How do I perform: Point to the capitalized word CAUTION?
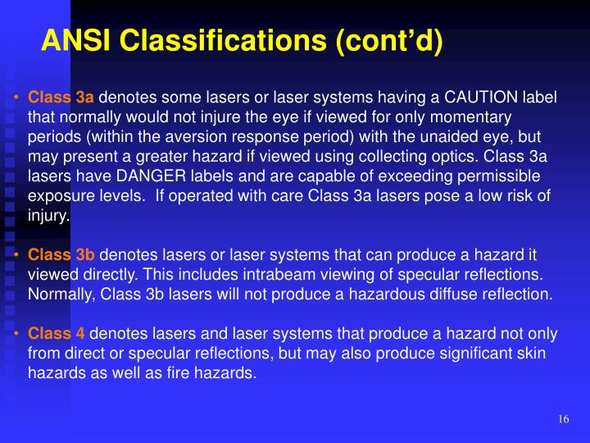coord(478,98)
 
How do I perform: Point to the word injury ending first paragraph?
coord(48,217)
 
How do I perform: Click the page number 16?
coord(563,419)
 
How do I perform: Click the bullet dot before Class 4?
coord(16,333)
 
